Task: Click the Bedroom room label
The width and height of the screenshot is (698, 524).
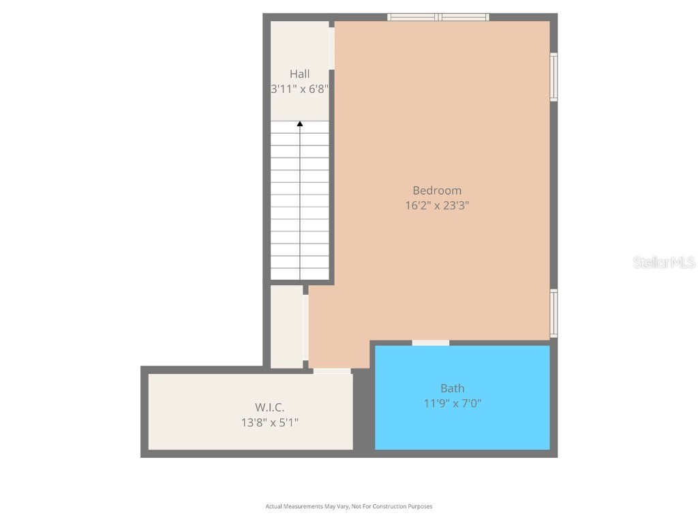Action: click(437, 190)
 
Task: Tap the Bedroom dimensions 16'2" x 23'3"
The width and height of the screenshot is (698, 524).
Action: click(437, 205)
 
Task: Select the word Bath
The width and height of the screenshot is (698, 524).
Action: click(453, 388)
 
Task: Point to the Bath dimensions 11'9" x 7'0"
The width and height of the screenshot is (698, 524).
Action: click(453, 403)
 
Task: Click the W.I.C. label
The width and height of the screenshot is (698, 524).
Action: click(270, 407)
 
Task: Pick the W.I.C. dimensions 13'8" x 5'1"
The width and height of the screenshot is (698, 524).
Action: click(270, 422)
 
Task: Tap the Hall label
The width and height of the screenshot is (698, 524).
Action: click(299, 74)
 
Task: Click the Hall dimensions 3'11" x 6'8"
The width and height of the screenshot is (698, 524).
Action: click(300, 89)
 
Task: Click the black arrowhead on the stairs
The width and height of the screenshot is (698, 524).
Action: click(300, 123)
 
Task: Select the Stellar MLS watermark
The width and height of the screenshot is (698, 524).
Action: click(664, 262)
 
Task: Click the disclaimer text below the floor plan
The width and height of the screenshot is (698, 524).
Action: click(349, 506)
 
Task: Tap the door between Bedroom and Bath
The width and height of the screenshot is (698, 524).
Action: click(431, 343)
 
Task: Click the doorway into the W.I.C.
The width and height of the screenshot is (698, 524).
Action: click(332, 371)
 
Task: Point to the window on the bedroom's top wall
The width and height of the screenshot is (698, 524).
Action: click(438, 17)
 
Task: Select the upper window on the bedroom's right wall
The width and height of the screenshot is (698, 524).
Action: click(553, 77)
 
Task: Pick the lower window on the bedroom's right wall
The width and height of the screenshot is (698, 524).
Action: click(553, 313)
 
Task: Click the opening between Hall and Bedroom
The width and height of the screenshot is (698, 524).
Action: click(332, 48)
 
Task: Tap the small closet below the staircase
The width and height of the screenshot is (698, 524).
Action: click(287, 326)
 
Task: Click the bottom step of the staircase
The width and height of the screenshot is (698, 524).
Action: click(300, 274)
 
